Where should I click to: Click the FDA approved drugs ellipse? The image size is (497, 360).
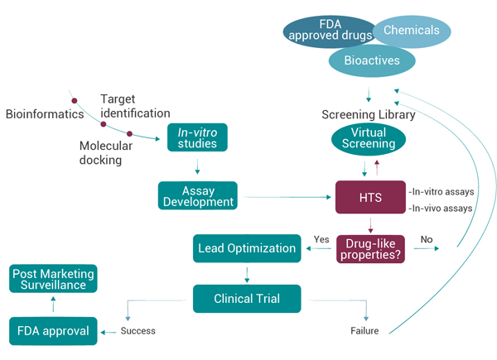coord(326,30)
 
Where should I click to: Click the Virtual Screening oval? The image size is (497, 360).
coord(368,139)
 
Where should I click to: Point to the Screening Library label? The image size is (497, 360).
coord(368,115)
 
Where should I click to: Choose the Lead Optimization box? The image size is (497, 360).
coord(246,247)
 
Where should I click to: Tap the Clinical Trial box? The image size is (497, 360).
coord(246,298)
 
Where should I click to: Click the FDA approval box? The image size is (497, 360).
coord(53,332)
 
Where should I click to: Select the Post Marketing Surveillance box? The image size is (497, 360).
coord(53,280)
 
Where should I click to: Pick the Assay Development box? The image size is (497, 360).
coord(197,196)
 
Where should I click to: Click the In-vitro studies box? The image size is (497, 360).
coord(197,137)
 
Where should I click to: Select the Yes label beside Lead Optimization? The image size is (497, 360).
coord(321,240)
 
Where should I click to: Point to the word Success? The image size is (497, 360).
coord(138,331)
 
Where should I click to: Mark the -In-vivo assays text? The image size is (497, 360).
coord(440,209)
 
